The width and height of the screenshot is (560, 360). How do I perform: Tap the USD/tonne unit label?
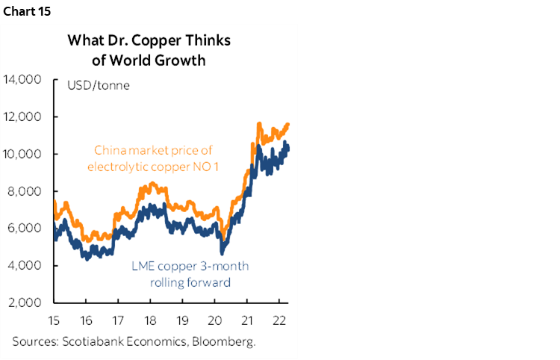click(x=99, y=85)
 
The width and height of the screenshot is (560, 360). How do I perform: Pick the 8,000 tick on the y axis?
click(x=27, y=191)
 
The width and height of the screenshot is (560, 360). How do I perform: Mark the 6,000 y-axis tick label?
click(x=27, y=229)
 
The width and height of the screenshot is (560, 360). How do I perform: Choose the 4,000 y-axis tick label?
click(x=27, y=266)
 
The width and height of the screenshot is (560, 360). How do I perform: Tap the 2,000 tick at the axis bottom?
click(x=27, y=303)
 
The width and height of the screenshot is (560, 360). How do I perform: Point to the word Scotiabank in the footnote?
click(x=92, y=342)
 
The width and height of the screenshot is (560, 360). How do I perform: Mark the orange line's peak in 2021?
click(x=258, y=123)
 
